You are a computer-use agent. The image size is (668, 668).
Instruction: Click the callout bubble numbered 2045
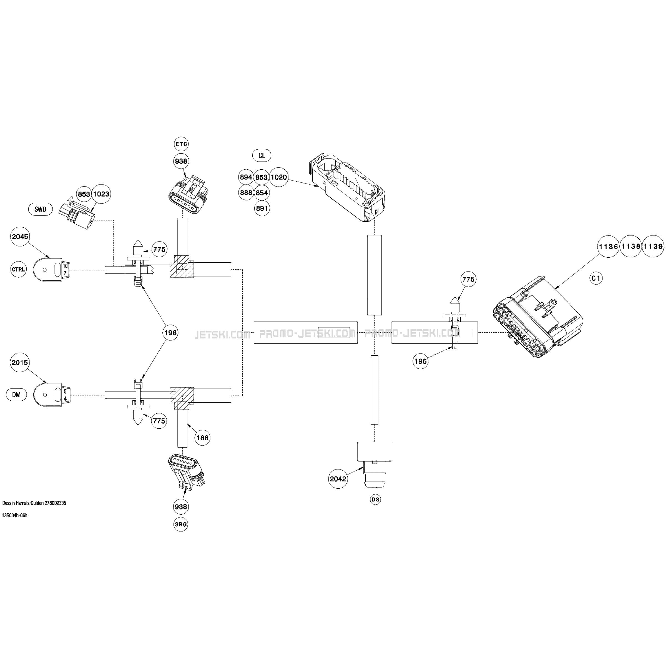pyautogui.click(x=20, y=237)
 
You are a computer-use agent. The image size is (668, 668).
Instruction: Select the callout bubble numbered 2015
pyautogui.click(x=20, y=362)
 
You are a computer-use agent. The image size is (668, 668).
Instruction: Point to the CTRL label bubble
pyautogui.click(x=18, y=269)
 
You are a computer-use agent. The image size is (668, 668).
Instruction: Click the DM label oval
pyautogui.click(x=16, y=395)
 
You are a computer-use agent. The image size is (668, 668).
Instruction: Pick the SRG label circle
pyautogui.click(x=181, y=524)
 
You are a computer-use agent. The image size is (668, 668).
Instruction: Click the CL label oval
pyautogui.click(x=262, y=155)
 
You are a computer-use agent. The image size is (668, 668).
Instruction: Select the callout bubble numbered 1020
pyautogui.click(x=279, y=177)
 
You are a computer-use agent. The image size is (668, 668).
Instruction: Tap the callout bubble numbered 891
pyautogui.click(x=262, y=208)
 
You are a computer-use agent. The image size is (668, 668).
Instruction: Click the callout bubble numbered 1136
pyautogui.click(x=608, y=247)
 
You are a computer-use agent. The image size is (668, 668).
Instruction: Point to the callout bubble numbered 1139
pyautogui.click(x=653, y=247)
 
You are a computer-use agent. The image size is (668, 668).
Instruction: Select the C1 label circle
pyautogui.click(x=596, y=278)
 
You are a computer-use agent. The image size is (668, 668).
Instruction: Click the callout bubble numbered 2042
pyautogui.click(x=338, y=479)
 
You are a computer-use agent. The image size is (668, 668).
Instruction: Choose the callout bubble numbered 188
pyautogui.click(x=202, y=438)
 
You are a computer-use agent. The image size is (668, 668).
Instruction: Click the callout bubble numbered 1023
pyautogui.click(x=101, y=194)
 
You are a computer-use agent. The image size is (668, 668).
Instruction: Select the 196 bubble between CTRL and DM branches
pyautogui.click(x=170, y=333)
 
